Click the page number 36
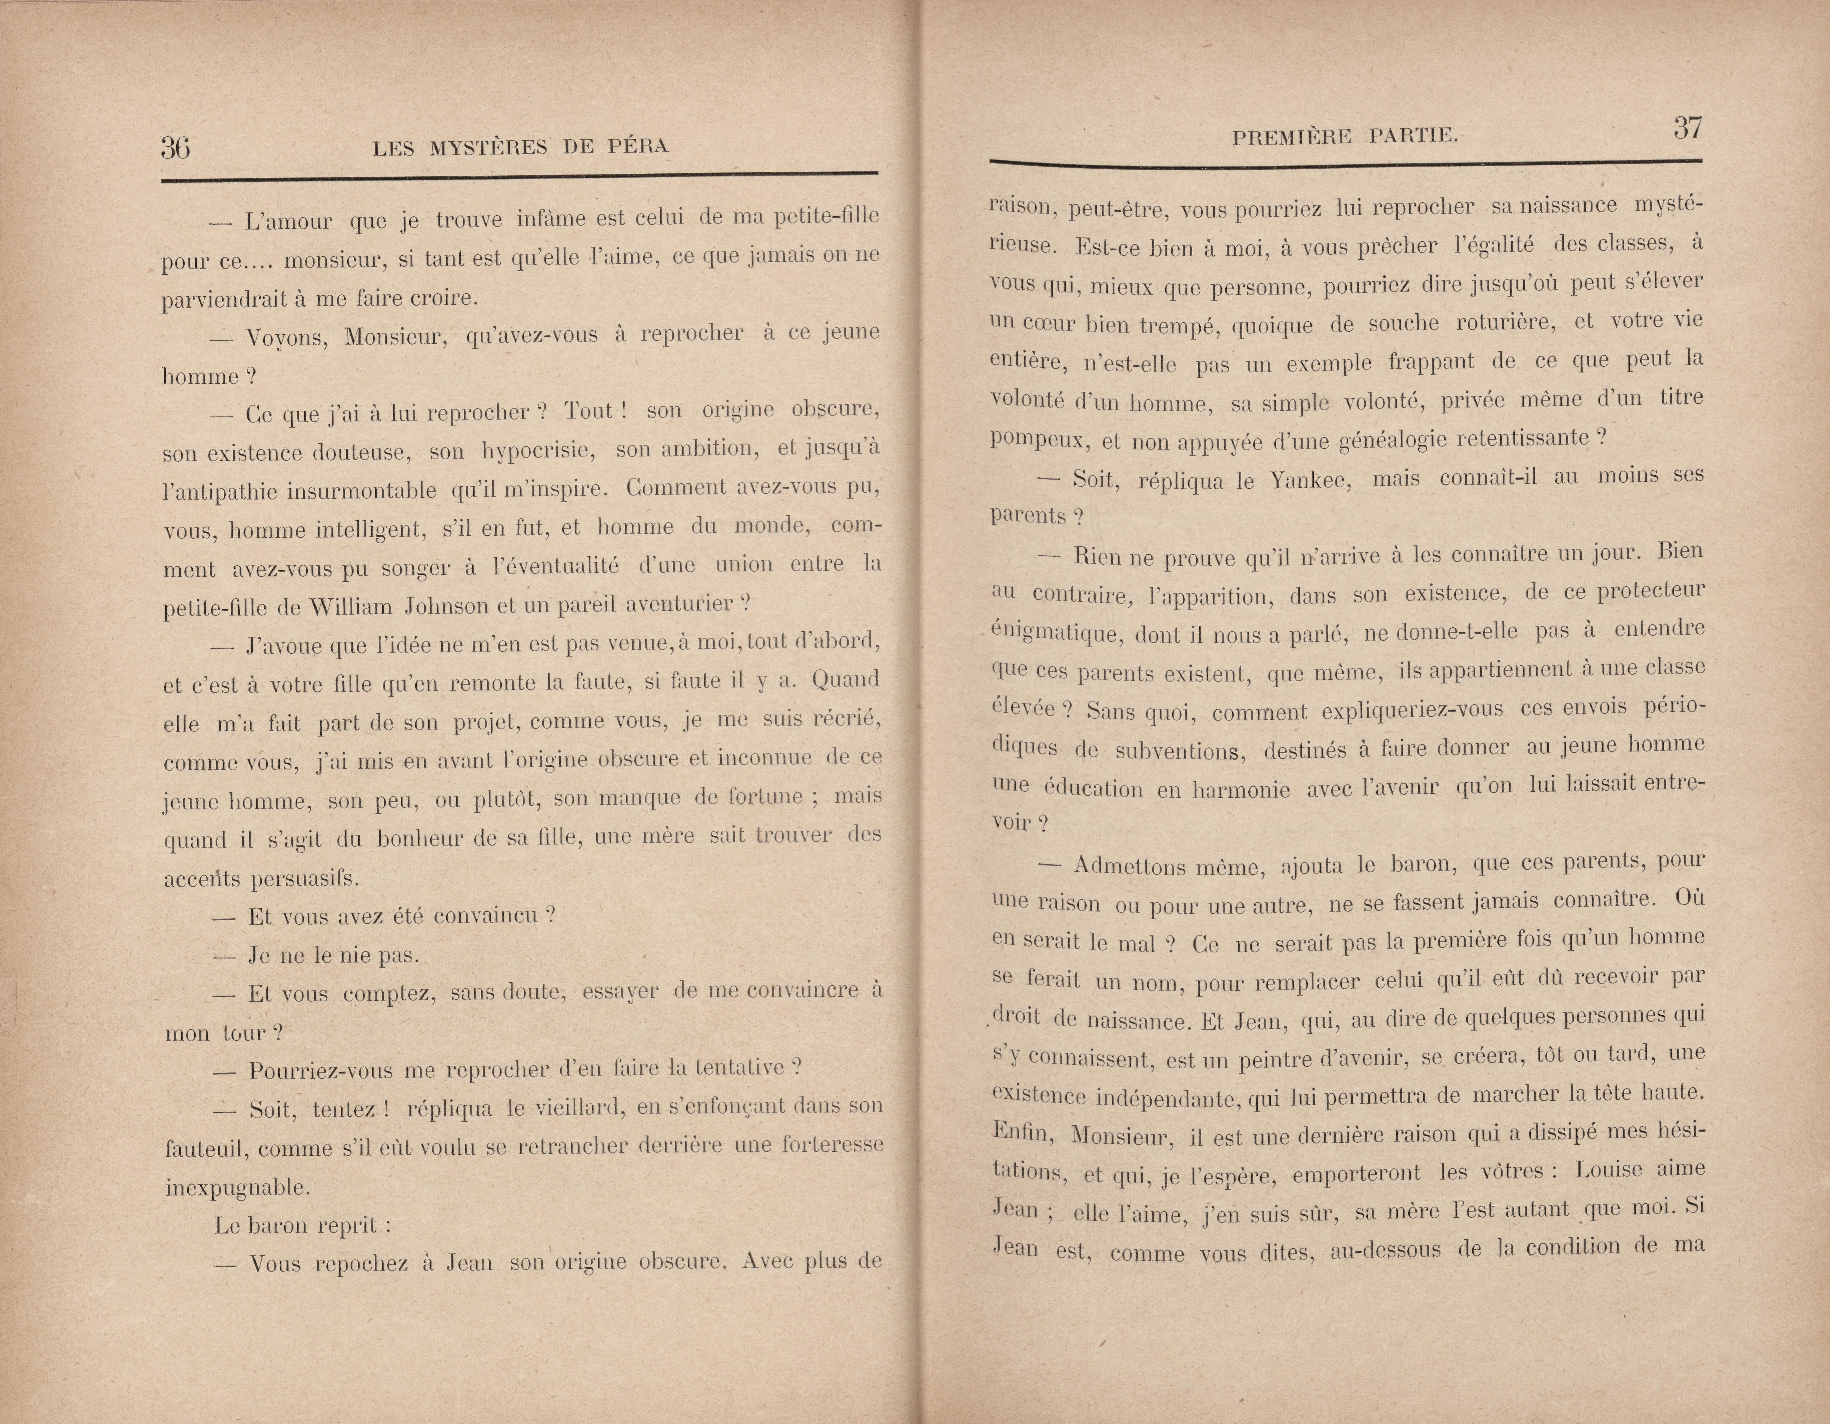pos(175,148)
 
